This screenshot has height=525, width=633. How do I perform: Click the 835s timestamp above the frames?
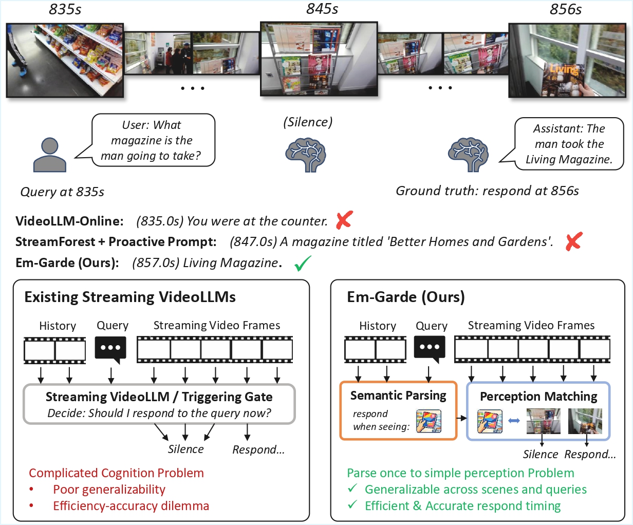65,10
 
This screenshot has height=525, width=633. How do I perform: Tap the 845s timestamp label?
322,9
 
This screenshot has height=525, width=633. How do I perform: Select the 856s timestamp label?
565,10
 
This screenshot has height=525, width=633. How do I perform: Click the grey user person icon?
49,155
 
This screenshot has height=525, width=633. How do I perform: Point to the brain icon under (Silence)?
305,153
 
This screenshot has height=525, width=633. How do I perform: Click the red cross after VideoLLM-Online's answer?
344,221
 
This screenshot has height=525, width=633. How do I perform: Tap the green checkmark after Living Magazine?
303,264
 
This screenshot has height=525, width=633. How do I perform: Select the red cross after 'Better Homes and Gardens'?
573,241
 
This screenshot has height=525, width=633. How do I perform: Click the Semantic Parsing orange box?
398,410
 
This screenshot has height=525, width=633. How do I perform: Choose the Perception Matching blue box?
538,410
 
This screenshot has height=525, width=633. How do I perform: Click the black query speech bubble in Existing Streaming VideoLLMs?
110,349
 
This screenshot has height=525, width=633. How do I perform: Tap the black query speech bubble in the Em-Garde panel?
430,349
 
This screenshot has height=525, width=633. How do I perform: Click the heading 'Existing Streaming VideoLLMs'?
130,297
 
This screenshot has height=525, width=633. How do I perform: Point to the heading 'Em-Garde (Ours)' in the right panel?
405,297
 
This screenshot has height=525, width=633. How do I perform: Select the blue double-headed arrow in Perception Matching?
513,421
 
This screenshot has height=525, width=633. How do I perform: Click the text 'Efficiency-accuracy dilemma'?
131,506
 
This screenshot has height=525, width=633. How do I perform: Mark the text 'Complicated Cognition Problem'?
116,473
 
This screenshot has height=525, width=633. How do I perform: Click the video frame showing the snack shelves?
65,60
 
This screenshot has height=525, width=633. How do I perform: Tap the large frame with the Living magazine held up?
566,60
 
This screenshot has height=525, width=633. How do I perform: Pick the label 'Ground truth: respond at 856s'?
487,191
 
